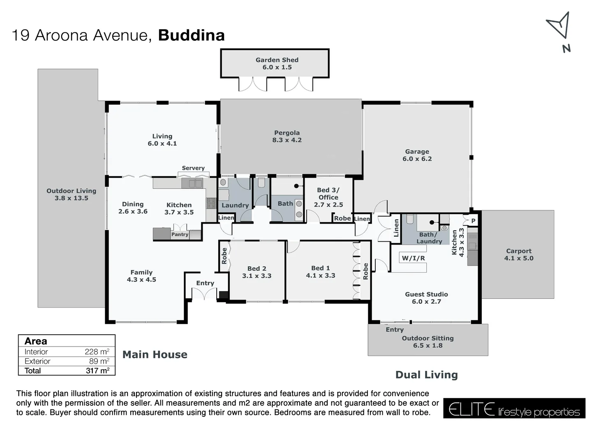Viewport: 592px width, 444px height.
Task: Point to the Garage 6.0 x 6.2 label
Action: tap(417, 155)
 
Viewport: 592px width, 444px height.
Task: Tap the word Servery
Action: tap(193, 168)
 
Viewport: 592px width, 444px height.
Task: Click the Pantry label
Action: tap(180, 234)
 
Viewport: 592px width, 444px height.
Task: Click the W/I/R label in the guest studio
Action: tap(413, 258)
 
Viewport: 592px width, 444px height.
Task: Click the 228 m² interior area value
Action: tap(97, 351)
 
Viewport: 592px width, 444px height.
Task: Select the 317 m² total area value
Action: tap(97, 370)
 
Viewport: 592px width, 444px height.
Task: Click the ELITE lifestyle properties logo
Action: tap(514, 409)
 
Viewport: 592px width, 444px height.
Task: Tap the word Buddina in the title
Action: tap(191, 35)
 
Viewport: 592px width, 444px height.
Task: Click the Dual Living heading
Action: tap(426, 375)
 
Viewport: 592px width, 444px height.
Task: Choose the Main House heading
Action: tap(155, 354)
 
